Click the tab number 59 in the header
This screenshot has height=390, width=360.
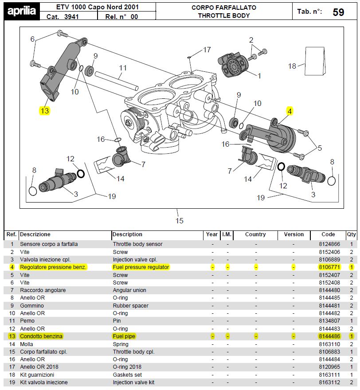point(338,12)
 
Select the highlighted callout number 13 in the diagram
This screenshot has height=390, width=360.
point(44,111)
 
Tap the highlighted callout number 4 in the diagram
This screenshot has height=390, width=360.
point(290,111)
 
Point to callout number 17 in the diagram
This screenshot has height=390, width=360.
point(207,50)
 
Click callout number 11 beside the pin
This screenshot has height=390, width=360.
point(123,68)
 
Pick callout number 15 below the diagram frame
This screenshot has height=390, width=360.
point(179,220)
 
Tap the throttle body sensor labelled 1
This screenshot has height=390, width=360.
point(234,65)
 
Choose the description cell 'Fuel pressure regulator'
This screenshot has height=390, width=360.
point(141,267)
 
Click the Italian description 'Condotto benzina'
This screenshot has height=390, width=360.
point(41,336)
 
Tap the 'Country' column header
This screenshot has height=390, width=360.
point(255,234)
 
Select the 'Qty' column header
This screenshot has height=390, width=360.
point(352,234)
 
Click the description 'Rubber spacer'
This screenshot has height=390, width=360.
point(131,306)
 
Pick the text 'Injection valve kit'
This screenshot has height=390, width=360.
point(133,382)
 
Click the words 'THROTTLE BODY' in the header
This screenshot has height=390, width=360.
point(224,16)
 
